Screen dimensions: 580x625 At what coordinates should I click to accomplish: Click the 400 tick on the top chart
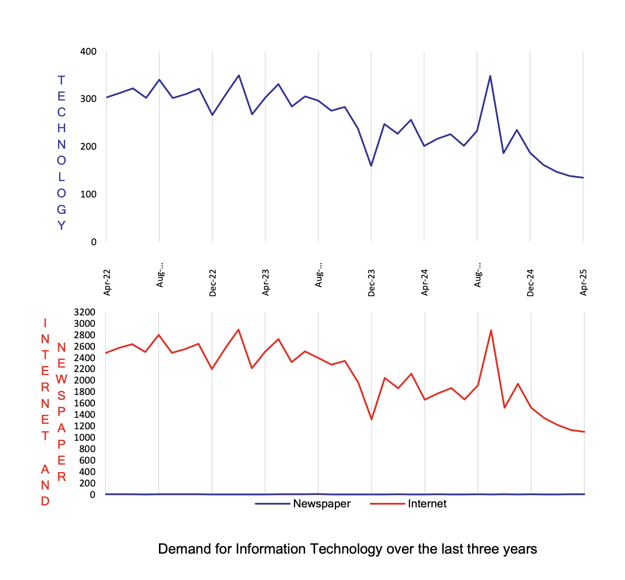(x=88, y=52)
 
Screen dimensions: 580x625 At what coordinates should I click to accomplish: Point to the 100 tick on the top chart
(x=88, y=194)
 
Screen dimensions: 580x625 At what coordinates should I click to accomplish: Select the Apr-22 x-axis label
(x=107, y=283)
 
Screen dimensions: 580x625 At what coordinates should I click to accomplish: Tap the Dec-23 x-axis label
(x=372, y=283)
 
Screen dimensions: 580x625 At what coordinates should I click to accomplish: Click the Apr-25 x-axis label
(x=584, y=283)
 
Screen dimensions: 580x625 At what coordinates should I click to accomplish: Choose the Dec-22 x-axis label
(x=213, y=283)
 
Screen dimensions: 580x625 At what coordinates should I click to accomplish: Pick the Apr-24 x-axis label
(x=425, y=283)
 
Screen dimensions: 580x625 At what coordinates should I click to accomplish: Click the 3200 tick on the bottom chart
(x=84, y=312)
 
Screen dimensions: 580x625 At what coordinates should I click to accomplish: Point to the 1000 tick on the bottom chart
(x=84, y=437)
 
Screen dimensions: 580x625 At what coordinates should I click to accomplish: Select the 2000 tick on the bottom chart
(x=84, y=380)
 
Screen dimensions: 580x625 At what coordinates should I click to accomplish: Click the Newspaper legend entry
(x=321, y=504)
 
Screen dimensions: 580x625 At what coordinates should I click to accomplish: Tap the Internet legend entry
(x=427, y=504)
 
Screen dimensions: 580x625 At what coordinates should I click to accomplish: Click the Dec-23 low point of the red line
(x=372, y=419)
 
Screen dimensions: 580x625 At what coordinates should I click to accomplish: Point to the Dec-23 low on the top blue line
(x=371, y=166)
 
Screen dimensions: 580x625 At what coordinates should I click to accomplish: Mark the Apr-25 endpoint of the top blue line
(x=583, y=178)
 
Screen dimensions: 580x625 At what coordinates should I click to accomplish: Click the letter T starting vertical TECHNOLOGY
(x=61, y=81)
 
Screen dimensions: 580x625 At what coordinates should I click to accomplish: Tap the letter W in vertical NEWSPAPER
(x=61, y=380)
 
